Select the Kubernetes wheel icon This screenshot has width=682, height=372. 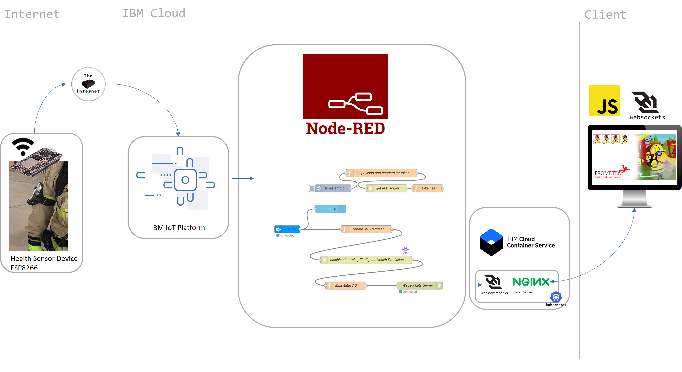tap(556, 297)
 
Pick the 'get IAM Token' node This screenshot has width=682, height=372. tap(387, 188)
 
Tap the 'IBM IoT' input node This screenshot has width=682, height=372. tap(288, 229)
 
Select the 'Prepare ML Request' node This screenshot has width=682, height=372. tap(366, 229)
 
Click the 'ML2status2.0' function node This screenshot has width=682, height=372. tap(346, 285)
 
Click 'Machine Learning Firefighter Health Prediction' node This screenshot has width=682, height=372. tap(366, 260)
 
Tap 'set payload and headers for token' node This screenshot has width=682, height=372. tap(382, 173)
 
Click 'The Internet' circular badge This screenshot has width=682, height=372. tap(88, 84)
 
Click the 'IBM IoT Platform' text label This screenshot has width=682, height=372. tap(178, 228)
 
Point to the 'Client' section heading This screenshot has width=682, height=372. tap(605, 15)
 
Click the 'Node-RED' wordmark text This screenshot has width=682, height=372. tap(345, 129)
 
